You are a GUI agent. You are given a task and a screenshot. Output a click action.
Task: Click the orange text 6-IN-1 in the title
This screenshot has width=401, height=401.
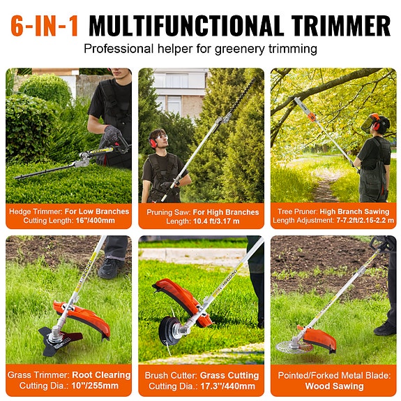click(45, 26)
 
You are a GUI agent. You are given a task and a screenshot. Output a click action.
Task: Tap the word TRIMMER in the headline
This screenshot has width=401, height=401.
click(341, 26)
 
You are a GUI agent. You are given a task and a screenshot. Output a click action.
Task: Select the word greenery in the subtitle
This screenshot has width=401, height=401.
click(240, 49)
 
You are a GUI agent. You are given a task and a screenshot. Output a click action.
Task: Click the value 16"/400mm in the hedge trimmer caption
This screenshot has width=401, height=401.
click(95, 221)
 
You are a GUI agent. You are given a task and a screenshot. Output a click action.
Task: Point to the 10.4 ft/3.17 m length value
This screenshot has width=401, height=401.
click(216, 221)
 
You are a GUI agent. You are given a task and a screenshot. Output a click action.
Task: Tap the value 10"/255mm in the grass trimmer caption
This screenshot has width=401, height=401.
click(95, 386)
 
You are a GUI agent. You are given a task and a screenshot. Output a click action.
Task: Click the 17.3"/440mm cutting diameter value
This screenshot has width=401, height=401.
click(227, 386)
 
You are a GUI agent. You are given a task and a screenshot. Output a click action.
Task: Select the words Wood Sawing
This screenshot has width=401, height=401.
click(334, 386)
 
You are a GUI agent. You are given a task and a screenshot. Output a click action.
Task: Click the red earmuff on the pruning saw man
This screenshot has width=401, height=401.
click(153, 143)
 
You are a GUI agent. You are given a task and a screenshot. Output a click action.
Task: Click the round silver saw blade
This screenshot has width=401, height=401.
click(292, 347)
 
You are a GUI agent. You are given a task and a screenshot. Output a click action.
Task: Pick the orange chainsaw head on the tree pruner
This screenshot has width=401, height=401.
click(312, 117)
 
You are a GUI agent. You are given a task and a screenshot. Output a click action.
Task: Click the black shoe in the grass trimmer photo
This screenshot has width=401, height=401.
click(110, 268)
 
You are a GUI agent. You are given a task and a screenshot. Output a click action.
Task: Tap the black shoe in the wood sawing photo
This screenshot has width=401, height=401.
click(385, 328)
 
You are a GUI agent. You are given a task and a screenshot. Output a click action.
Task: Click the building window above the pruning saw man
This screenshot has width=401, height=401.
click(176, 80)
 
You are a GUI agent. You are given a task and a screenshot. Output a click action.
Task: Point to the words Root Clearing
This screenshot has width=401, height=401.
click(102, 375)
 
